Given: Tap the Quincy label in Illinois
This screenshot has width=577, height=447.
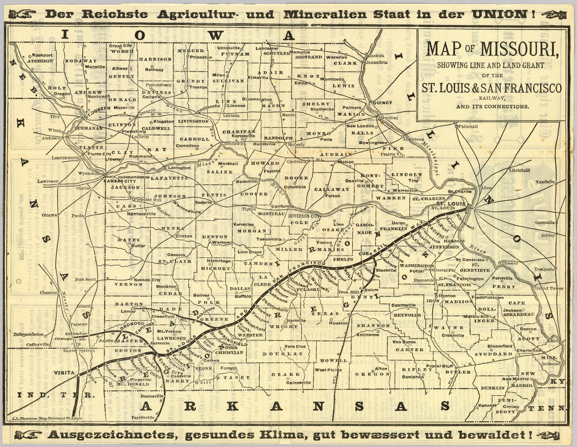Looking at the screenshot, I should (x=382, y=103).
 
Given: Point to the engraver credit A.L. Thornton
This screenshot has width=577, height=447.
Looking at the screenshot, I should (x=47, y=418).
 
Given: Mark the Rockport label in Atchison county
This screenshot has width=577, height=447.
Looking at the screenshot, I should (x=42, y=55).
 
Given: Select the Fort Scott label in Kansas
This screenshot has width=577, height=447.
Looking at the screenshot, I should (x=85, y=279).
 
